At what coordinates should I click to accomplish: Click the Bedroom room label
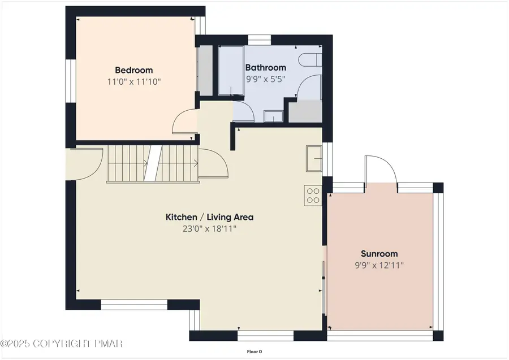coord(133,70)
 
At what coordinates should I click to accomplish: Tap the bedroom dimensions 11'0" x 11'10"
coord(134,81)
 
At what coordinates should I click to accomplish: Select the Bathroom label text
coord(266,67)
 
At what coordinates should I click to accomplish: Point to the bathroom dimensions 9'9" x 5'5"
coord(266,79)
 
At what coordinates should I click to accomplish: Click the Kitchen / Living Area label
coord(209,217)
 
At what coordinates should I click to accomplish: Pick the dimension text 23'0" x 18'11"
coord(209,229)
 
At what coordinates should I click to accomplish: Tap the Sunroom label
coord(379,254)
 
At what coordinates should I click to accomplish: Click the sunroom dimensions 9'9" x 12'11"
coord(379,265)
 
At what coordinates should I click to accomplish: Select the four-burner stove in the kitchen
coord(313,196)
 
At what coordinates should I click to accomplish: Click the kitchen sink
coord(314,158)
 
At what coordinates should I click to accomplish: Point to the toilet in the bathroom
coord(310,60)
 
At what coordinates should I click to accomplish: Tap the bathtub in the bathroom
coord(231,71)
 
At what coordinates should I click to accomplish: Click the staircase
coord(153,163)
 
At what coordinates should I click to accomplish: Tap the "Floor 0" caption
coord(255,352)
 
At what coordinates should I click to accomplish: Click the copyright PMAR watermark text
coord(61,344)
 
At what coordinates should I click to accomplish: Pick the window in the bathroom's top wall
coord(260,40)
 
